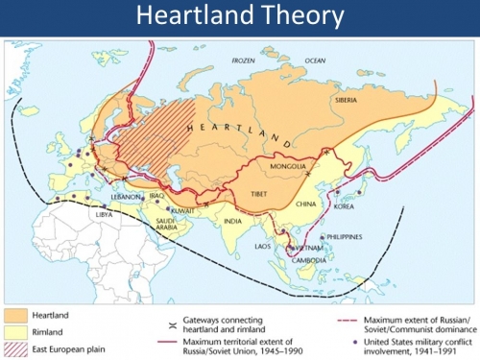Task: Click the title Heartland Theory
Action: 240,17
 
